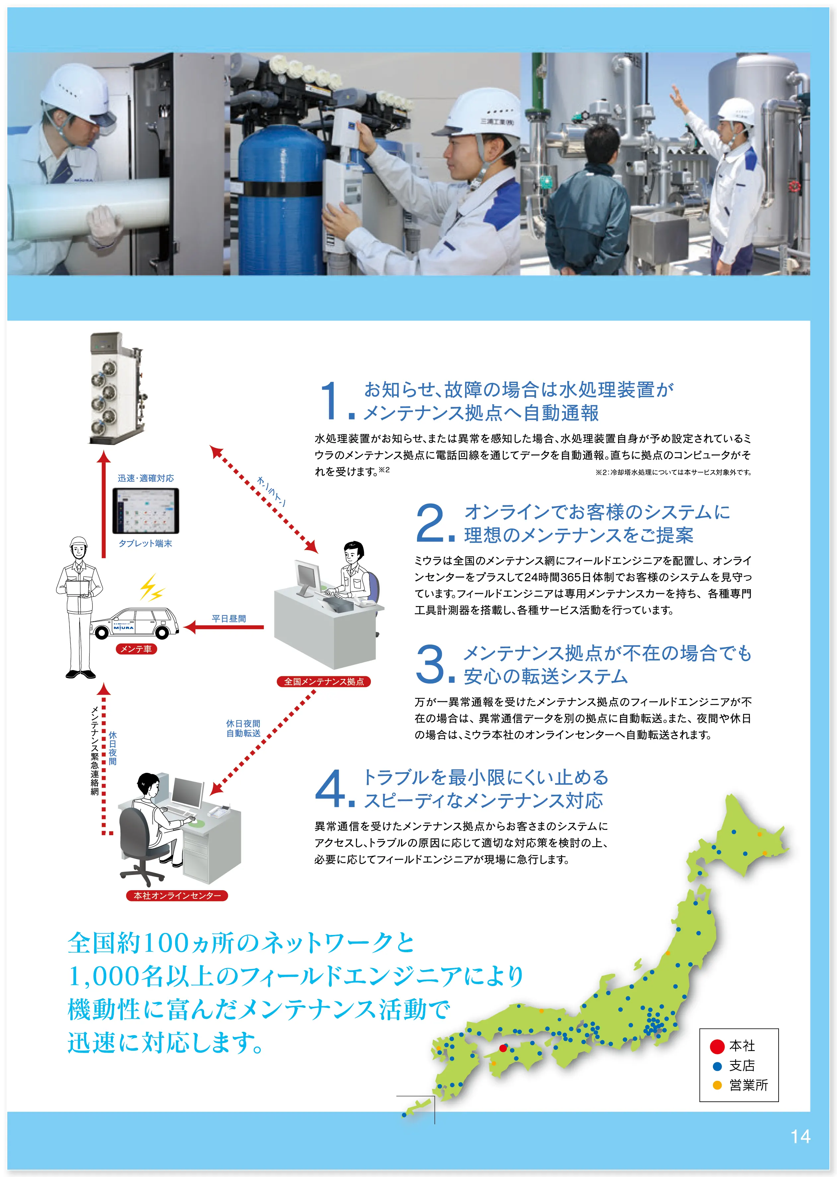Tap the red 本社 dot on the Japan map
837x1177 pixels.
pos(503,1047)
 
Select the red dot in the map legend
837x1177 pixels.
pos(717,1046)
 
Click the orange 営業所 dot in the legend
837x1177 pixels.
pos(716,1085)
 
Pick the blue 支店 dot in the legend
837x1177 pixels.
pos(716,1066)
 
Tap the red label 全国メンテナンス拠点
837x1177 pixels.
pos(324,681)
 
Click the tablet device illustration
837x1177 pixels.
pos(146,511)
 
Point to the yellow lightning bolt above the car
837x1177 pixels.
pos(152,588)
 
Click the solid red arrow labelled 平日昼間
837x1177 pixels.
pos(223,627)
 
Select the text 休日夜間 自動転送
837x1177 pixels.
pos(243,728)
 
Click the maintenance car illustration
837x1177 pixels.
pos(135,623)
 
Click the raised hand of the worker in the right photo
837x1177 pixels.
pos(676,94)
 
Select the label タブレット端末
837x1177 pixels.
pos(145,543)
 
